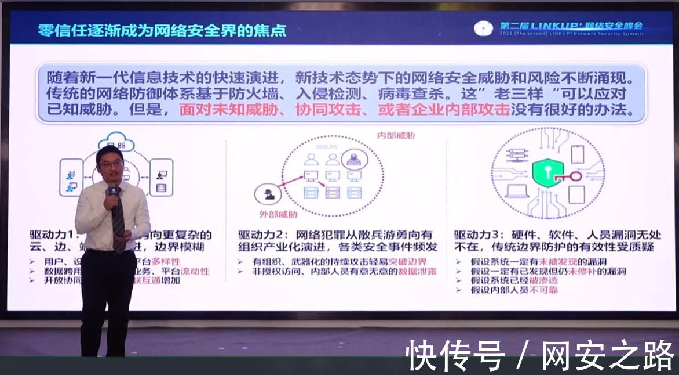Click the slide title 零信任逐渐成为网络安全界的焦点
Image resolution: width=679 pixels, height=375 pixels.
pyautogui.click(x=162, y=30)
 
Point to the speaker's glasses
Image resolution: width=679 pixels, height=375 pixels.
pyautogui.click(x=110, y=164)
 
